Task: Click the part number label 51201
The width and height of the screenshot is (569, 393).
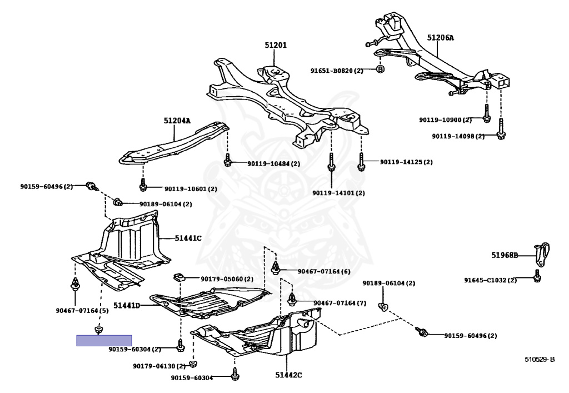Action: (x=276, y=45)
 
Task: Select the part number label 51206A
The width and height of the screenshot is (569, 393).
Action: (x=441, y=38)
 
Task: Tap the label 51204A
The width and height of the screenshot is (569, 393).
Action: (x=177, y=121)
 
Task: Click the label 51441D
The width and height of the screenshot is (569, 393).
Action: (x=126, y=306)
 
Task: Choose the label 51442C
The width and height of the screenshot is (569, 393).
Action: (x=288, y=375)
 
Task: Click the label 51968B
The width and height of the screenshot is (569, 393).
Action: (x=504, y=256)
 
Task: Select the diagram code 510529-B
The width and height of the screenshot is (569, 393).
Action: (x=539, y=359)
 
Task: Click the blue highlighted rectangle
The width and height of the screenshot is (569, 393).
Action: (x=104, y=340)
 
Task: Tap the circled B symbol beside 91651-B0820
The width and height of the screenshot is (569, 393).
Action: (x=380, y=69)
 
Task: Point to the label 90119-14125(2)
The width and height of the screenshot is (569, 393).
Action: (x=406, y=162)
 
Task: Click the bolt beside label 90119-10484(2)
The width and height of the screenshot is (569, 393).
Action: (x=227, y=162)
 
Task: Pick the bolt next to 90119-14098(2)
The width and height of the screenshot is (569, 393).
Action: (x=501, y=133)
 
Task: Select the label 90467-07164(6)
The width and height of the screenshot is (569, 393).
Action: (x=324, y=271)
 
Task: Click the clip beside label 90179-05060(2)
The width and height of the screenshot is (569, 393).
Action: (x=179, y=277)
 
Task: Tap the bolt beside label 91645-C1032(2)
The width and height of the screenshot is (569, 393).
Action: (x=537, y=278)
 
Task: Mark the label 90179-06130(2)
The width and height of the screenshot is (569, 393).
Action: (x=158, y=366)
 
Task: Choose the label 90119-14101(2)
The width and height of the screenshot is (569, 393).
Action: (x=338, y=193)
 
